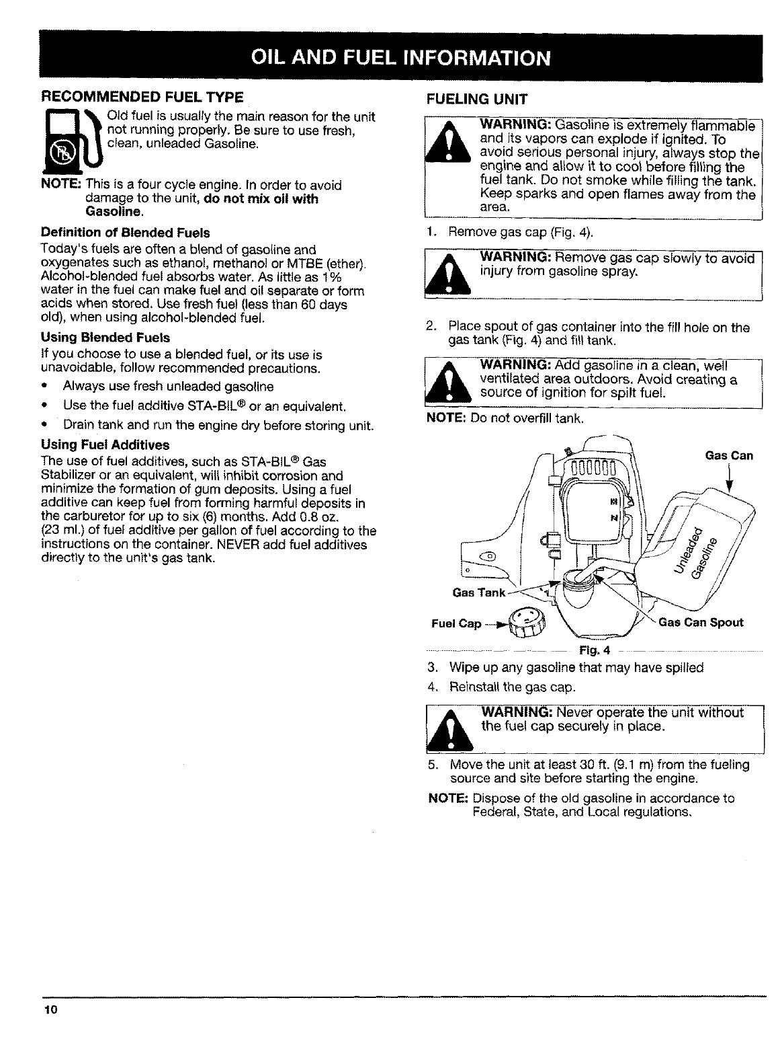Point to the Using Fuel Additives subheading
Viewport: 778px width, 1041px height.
pyautogui.click(x=105, y=445)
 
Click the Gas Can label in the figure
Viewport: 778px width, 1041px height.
pyautogui.click(x=729, y=455)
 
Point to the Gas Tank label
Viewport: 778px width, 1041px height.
pyautogui.click(x=478, y=592)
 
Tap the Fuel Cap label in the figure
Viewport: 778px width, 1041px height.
pyautogui.click(x=457, y=623)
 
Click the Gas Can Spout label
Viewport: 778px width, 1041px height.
pyautogui.click(x=701, y=622)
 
